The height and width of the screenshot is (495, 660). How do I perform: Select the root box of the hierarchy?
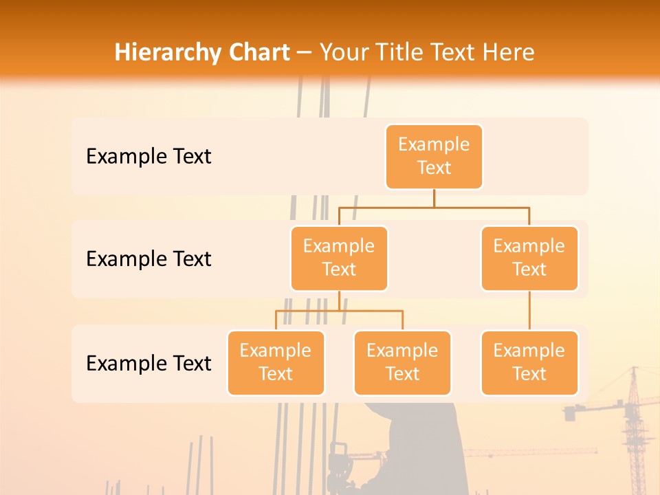click(x=434, y=156)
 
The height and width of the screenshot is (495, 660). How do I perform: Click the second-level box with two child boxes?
click(x=339, y=258)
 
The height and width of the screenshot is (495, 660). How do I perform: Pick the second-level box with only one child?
click(x=529, y=258)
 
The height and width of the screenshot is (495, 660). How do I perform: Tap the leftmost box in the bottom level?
click(x=276, y=362)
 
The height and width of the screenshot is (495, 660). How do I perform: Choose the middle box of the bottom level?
click(x=402, y=362)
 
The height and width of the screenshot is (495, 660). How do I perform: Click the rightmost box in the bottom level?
click(x=529, y=362)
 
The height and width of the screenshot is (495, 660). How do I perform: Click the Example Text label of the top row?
click(x=148, y=157)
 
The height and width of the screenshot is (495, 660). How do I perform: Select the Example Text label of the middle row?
click(x=148, y=259)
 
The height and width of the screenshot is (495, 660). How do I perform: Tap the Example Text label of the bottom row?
click(x=148, y=363)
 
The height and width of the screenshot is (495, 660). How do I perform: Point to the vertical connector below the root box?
click(x=434, y=197)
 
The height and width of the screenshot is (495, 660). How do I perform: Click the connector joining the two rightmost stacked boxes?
click(x=529, y=311)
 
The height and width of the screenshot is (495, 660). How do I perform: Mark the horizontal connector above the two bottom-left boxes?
click(x=339, y=311)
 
